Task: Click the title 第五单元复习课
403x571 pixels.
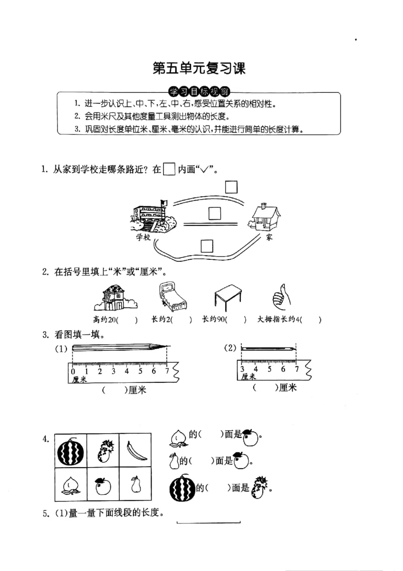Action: (199, 68)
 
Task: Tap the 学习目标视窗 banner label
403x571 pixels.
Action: (199, 92)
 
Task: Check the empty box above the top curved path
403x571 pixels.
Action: (231, 187)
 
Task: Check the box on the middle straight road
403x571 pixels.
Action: (215, 213)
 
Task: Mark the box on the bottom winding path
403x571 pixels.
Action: (207, 246)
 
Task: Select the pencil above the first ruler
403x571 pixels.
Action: (120, 348)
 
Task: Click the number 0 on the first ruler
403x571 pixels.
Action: (73, 372)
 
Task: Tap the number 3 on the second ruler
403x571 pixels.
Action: (242, 369)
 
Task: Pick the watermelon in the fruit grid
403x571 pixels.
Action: (71, 451)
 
